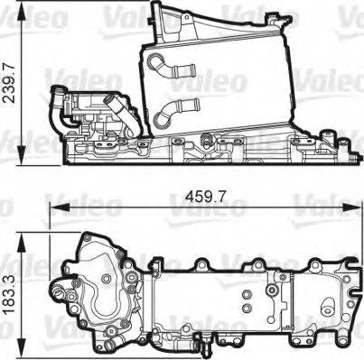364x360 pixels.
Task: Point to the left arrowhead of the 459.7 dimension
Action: (55, 207)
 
